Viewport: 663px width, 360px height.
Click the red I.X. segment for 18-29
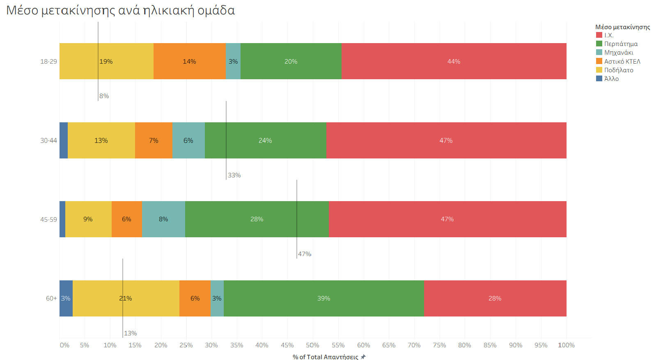click(454, 61)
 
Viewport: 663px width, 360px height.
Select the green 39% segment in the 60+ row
click(323, 298)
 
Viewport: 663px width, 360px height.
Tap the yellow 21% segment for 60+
click(126, 298)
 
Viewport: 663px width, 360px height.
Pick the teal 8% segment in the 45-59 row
click(163, 219)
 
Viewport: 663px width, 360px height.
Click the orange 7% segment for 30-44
click(154, 140)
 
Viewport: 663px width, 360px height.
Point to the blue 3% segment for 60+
click(66, 298)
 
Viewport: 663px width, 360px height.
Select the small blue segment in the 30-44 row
click(64, 140)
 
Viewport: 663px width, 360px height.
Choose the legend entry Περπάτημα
click(621, 44)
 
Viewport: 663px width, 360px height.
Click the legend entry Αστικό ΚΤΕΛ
click(622, 61)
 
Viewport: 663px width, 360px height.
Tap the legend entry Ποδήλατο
click(618, 70)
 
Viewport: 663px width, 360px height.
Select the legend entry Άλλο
click(611, 79)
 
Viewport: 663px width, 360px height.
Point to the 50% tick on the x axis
click(312, 345)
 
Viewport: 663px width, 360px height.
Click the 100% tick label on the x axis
click(566, 345)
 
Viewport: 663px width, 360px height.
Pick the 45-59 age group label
click(48, 220)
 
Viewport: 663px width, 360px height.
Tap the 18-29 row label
click(48, 62)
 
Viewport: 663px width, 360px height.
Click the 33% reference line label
click(234, 175)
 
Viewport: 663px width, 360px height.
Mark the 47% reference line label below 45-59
click(305, 254)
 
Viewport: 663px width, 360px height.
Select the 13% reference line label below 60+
click(131, 333)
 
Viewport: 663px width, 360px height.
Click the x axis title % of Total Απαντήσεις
click(326, 357)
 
